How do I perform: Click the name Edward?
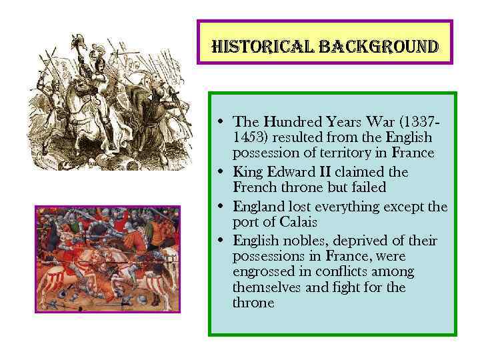point(286,172)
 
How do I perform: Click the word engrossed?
point(263,272)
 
